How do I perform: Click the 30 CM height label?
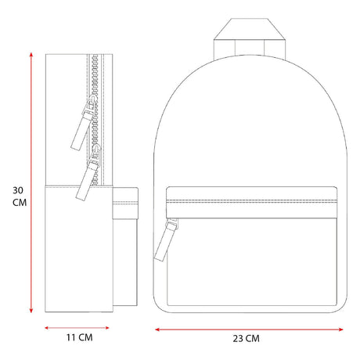click(20, 196)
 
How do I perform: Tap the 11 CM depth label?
click(79, 337)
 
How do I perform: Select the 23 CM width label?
click(247, 338)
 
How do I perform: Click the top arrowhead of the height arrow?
click(31, 54)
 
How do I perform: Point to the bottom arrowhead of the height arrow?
click(31, 311)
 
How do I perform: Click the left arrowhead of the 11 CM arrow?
click(47, 328)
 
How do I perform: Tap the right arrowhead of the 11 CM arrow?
click(107, 328)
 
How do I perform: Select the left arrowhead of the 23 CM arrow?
click(157, 329)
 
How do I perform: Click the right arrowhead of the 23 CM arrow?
click(340, 329)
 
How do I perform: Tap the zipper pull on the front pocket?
click(166, 240)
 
